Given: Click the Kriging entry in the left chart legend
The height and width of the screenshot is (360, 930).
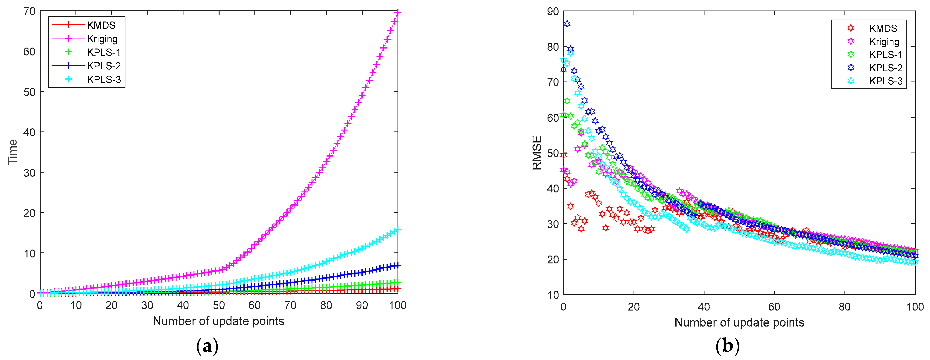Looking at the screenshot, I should (102, 39).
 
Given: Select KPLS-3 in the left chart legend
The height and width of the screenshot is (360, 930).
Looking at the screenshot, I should (104, 79).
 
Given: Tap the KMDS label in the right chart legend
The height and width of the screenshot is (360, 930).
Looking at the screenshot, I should (883, 28).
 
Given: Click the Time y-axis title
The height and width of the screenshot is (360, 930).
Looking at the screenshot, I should (13, 152).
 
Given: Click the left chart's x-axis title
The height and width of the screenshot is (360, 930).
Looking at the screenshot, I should (218, 321).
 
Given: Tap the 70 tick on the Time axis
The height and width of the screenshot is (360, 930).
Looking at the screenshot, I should (30, 11).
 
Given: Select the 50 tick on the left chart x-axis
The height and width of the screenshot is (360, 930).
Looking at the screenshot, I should (218, 305).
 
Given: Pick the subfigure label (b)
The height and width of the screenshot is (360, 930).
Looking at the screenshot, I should (727, 346).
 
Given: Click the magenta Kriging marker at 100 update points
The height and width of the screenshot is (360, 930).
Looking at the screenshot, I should (398, 12).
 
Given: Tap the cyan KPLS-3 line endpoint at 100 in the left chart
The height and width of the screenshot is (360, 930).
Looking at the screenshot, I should (398, 230).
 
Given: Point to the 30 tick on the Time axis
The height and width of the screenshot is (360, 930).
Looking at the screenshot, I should (30, 173).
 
